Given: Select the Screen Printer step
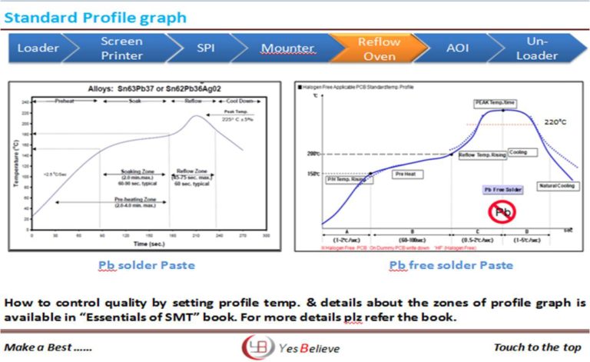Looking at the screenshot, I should [x=121, y=48].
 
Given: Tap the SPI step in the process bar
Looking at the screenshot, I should [x=205, y=48].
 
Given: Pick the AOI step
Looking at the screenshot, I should [x=457, y=48].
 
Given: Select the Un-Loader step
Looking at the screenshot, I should [x=537, y=48].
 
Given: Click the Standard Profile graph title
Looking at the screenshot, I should [x=95, y=16].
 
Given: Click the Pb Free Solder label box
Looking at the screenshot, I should [x=503, y=189].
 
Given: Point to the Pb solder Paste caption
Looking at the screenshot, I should [x=146, y=265].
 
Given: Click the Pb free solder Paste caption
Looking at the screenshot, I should [x=439, y=265].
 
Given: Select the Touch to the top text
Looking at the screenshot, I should [x=537, y=347].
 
